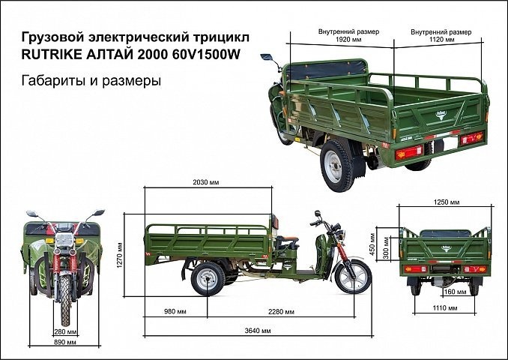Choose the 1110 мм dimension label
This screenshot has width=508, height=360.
[445, 328]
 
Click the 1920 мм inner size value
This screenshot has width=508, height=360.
[344, 39]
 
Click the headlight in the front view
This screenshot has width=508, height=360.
[64, 239]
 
